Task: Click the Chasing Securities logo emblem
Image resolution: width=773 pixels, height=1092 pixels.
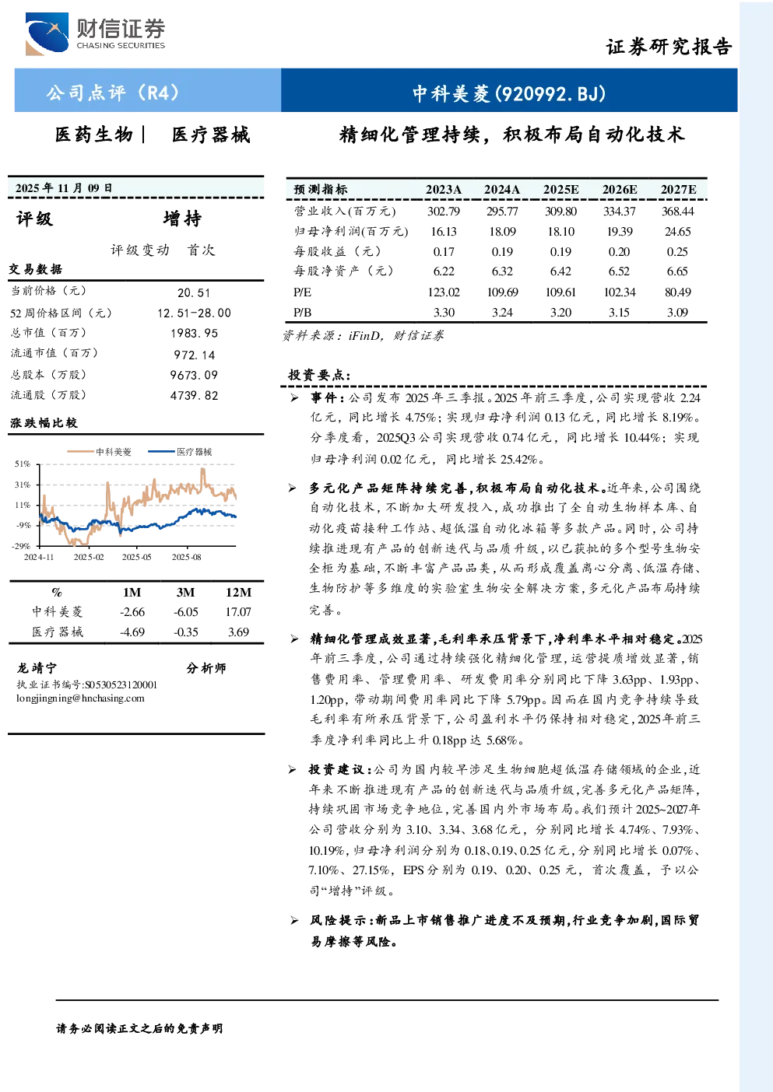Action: pyautogui.click(x=47, y=33)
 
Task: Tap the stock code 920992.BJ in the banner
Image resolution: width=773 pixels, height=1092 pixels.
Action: pyautogui.click(x=550, y=93)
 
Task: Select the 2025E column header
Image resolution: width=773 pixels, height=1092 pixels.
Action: pyautogui.click(x=560, y=190)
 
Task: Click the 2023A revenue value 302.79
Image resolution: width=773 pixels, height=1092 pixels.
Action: pyautogui.click(x=444, y=211)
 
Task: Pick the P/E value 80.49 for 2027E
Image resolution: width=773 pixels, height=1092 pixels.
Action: pyautogui.click(x=678, y=292)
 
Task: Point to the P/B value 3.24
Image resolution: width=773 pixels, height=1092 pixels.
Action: pyautogui.click(x=502, y=313)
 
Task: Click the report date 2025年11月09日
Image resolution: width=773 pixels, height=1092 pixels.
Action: pyautogui.click(x=63, y=187)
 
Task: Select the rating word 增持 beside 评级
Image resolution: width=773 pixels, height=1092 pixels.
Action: pyautogui.click(x=182, y=219)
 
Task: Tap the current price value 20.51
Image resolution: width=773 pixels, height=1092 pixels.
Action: pyautogui.click(x=194, y=293)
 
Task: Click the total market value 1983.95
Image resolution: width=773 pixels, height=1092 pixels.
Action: pyautogui.click(x=194, y=334)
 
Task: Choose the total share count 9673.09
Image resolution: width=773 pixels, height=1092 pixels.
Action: pyautogui.click(x=194, y=375)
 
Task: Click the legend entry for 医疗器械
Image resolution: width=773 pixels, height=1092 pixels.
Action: pyautogui.click(x=180, y=452)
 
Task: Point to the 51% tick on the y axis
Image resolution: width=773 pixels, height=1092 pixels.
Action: pyautogui.click(x=23, y=464)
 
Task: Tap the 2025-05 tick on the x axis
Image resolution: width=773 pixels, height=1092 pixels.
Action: pyautogui.click(x=137, y=557)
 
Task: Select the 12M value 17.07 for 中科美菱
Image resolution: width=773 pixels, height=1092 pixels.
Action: pyautogui.click(x=238, y=612)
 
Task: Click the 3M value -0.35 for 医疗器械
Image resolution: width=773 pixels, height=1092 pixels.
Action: pyautogui.click(x=186, y=632)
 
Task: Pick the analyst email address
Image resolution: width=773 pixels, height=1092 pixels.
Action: pyautogui.click(x=80, y=698)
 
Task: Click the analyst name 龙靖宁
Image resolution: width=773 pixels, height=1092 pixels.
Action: pyautogui.click(x=37, y=668)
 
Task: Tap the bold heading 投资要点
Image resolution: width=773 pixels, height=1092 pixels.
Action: pyautogui.click(x=319, y=375)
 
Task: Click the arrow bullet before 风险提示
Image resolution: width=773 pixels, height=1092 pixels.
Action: pyautogui.click(x=294, y=920)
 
